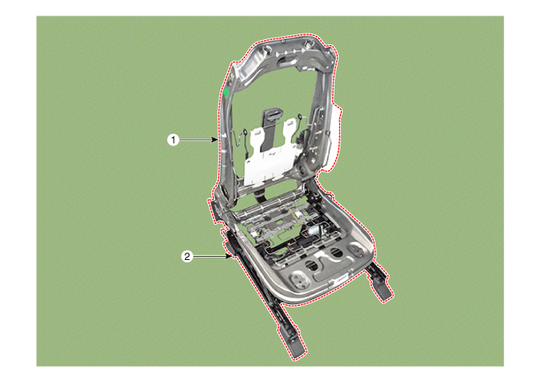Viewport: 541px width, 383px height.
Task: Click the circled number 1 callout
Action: click(x=173, y=140)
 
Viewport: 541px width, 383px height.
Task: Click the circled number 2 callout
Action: click(x=187, y=256)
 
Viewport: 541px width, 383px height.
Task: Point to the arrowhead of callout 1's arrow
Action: click(x=216, y=140)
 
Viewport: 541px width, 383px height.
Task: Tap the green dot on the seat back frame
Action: click(x=226, y=93)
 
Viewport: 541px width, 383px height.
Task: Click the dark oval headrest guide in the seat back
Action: click(x=273, y=113)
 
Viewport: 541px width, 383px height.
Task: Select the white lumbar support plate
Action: click(x=270, y=151)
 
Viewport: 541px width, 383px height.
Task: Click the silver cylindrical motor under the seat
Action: click(x=314, y=230)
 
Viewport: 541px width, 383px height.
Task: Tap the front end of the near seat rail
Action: click(x=296, y=348)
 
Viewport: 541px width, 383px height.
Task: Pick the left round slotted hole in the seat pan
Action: click(x=313, y=264)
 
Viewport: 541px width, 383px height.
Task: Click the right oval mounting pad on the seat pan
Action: click(x=356, y=248)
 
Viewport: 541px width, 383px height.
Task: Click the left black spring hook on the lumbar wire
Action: click(x=245, y=132)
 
